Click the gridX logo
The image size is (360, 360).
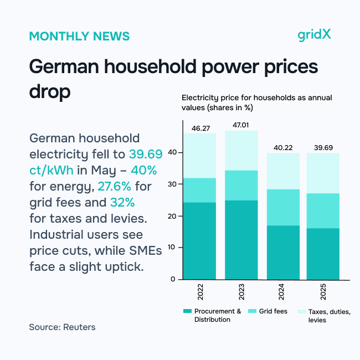click(x=314, y=35)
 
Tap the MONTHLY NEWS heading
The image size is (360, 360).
click(x=79, y=37)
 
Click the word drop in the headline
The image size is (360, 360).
click(x=50, y=91)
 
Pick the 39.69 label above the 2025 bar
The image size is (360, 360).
click(x=323, y=148)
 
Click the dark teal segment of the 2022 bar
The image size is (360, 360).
click(x=200, y=241)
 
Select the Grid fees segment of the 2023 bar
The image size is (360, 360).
click(x=241, y=186)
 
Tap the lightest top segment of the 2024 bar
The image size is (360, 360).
click(x=282, y=171)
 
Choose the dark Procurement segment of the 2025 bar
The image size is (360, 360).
click(x=323, y=254)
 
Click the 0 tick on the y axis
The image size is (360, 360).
click(x=173, y=279)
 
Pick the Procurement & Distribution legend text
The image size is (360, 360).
click(x=218, y=315)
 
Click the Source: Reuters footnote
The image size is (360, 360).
click(x=62, y=327)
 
